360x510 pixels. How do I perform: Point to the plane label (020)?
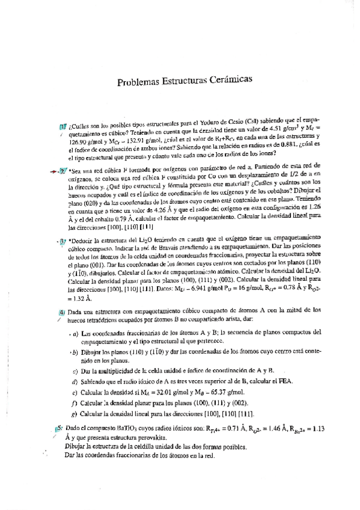click(93, 204)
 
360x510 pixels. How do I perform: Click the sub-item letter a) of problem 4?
click(75, 334)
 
